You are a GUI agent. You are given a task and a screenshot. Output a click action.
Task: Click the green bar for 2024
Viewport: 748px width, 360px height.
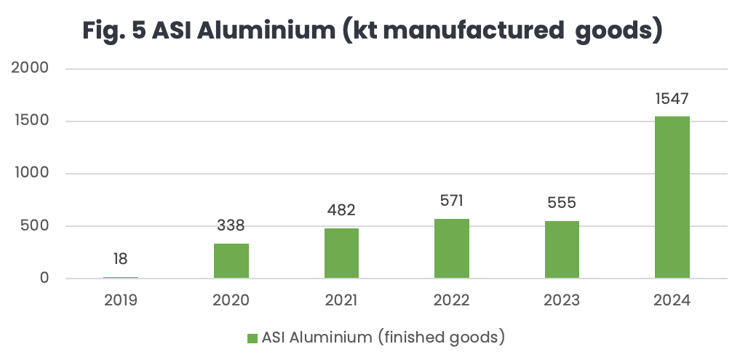[672, 197]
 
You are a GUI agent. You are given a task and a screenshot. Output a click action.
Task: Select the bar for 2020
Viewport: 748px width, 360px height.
[231, 260]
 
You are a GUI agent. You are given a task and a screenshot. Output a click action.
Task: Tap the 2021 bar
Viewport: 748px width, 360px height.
[341, 253]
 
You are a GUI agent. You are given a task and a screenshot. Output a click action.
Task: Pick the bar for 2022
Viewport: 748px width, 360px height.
[452, 248]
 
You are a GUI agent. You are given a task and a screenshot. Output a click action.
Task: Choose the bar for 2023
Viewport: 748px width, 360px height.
[562, 249]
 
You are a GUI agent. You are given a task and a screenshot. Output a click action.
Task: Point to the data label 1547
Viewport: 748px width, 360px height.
[672, 98]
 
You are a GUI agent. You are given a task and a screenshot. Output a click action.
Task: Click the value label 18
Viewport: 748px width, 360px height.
[121, 259]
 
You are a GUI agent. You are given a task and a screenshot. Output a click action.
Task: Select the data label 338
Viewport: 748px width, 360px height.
[231, 225]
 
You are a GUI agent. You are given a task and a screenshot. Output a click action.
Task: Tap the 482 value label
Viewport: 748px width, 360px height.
[341, 210]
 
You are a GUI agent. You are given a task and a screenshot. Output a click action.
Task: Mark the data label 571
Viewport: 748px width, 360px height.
[452, 201]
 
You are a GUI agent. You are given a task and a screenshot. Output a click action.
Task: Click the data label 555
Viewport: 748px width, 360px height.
[562, 203]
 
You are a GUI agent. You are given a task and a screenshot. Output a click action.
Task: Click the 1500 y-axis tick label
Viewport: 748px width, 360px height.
[31, 121]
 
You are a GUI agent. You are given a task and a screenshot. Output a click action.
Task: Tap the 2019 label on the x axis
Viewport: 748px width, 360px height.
[121, 300]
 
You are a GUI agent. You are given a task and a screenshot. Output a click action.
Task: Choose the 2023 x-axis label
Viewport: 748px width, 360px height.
[562, 300]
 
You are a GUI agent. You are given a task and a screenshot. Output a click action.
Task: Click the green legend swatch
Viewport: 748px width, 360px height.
[252, 337]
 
